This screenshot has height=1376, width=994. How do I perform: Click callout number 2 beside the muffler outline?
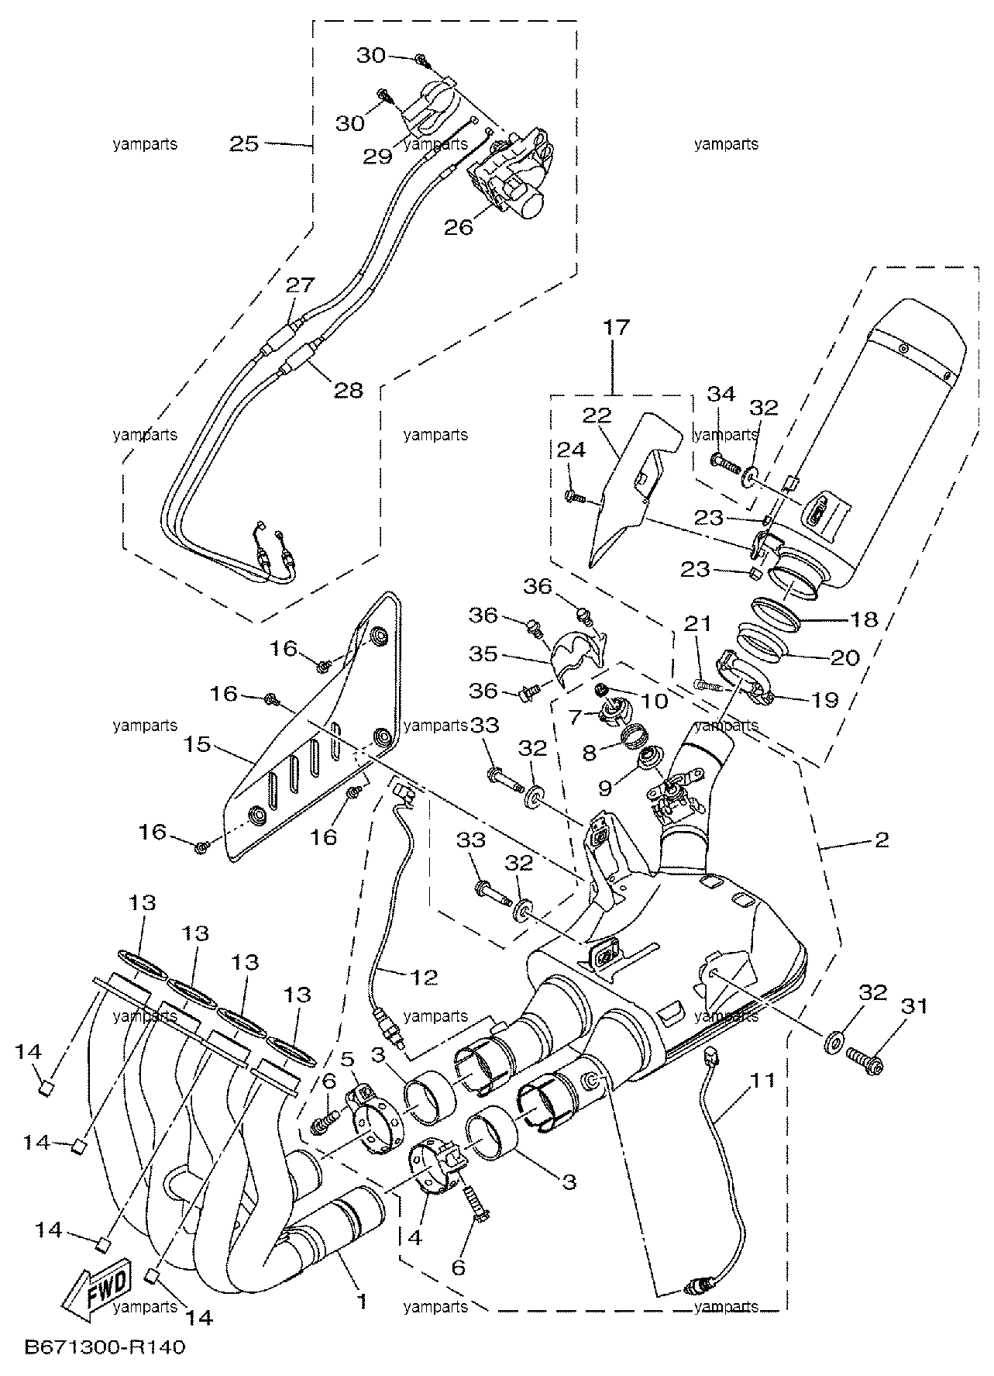(x=880, y=839)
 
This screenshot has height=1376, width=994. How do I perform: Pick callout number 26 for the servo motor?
(x=459, y=227)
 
